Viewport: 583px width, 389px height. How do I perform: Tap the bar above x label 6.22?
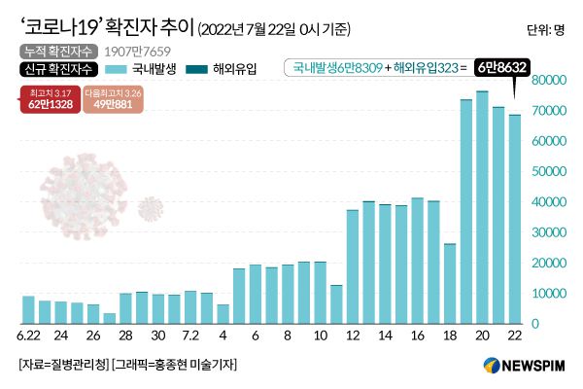(28, 309)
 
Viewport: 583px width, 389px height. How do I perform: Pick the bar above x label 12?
(352, 266)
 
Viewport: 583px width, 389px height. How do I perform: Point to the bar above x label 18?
(450, 283)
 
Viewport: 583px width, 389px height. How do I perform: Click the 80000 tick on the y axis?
(549, 81)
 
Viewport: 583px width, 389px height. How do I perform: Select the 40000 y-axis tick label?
(549, 201)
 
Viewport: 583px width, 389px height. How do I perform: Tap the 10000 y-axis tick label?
(549, 293)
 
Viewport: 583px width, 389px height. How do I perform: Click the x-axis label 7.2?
(190, 336)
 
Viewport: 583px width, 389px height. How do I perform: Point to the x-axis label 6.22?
(28, 336)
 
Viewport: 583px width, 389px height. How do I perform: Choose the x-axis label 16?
(417, 336)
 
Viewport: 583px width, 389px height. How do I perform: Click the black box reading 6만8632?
(508, 68)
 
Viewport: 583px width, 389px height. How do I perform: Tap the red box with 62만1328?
(49, 99)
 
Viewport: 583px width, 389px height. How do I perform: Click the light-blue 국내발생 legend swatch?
(117, 69)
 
